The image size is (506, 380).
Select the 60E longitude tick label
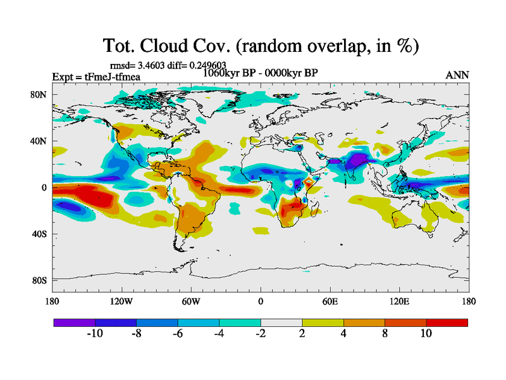point(330,301)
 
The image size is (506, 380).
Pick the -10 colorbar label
point(95,334)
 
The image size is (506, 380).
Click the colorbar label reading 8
point(385,334)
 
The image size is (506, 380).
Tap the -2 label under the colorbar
point(261,334)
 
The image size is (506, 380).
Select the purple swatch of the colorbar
point(74,322)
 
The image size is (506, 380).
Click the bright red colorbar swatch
point(447,322)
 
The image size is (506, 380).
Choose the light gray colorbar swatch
point(281,322)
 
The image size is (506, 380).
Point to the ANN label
point(457,75)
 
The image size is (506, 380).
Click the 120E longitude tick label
point(400,301)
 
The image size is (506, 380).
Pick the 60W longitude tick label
point(190,301)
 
